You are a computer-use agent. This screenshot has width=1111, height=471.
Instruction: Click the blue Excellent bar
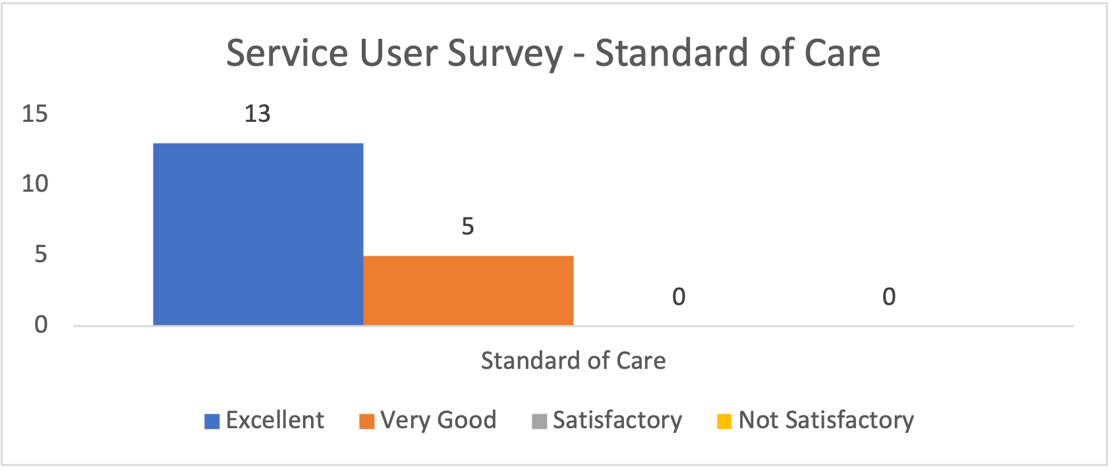coord(258,234)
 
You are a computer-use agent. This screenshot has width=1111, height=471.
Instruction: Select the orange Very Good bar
coord(468,290)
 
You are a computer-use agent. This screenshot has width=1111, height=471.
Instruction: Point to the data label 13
coord(257,114)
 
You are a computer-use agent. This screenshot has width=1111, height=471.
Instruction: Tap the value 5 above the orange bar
coord(468,227)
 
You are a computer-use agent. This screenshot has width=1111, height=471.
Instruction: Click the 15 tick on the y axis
coord(35,114)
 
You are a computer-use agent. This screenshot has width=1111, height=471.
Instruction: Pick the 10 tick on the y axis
coord(35,184)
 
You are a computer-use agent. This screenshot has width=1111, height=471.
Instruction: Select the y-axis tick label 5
coord(41,254)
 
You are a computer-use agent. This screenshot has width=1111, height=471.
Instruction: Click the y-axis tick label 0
coord(41,324)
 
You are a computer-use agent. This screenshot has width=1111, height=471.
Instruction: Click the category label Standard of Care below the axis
coord(573,361)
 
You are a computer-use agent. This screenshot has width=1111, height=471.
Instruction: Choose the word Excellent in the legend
coord(275,420)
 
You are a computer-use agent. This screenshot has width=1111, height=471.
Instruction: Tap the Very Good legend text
coord(438,420)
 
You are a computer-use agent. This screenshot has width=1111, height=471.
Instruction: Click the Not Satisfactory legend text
coord(826,420)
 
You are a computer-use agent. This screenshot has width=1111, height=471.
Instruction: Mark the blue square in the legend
coord(212,422)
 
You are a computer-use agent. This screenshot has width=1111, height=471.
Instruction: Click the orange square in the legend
coord(366,422)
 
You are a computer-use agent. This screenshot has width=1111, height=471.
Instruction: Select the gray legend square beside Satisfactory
coord(539,422)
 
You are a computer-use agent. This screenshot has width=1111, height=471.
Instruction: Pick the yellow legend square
coord(724,422)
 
